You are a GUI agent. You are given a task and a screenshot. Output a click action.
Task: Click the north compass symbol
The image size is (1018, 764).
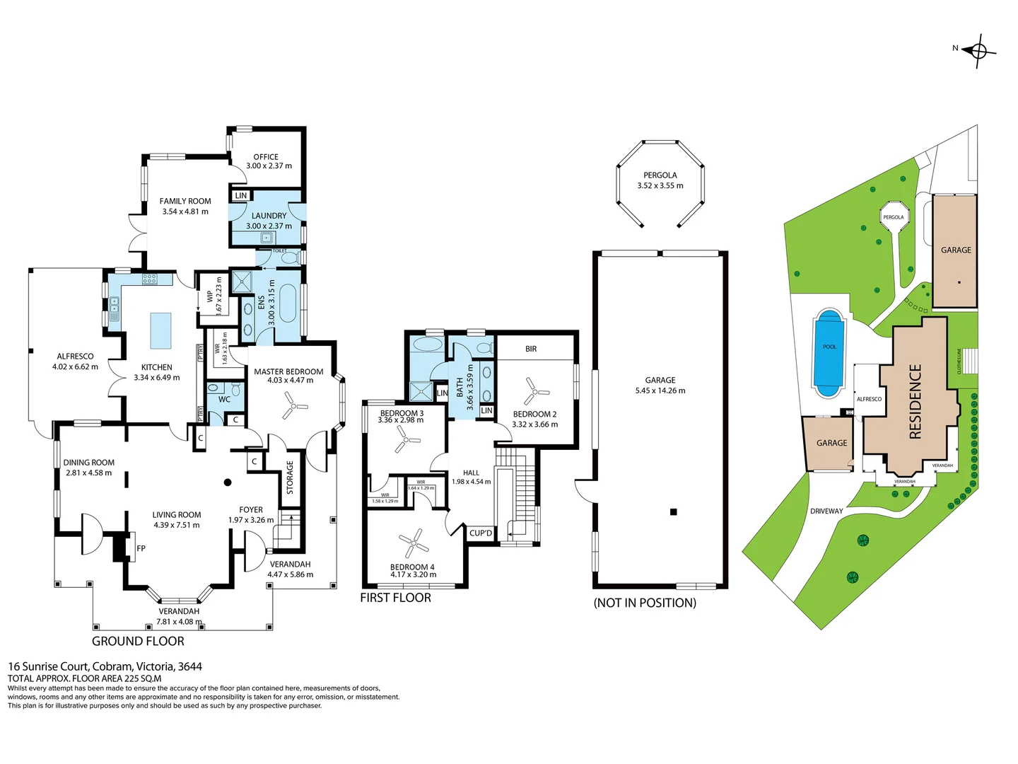pos(978,51)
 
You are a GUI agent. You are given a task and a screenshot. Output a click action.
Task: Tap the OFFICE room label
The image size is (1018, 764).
pos(266,157)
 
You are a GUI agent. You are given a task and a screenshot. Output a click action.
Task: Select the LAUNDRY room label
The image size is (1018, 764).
pos(269,216)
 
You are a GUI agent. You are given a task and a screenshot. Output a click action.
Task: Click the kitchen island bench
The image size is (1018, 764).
pos(161,330)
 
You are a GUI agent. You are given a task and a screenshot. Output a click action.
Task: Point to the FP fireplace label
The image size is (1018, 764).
pos(141,548)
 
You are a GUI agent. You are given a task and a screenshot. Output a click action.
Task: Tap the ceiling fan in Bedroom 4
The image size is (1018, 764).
pos(414,543)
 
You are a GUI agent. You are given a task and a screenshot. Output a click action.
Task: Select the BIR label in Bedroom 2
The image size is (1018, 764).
pos(531,349)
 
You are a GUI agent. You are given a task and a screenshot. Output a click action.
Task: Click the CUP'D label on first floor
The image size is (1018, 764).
pos(481,533)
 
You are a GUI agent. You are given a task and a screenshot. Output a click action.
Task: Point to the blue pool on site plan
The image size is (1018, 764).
pos(829,352)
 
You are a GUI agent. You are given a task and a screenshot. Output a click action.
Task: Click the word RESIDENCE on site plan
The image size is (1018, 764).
pos(915,401)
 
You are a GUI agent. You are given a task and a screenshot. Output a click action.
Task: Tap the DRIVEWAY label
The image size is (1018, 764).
pos(826,511)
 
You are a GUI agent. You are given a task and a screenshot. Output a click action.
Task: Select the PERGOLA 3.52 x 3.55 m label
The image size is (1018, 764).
pos(660,180)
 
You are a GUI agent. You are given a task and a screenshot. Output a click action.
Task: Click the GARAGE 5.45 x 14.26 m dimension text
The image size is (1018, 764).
pos(660,390)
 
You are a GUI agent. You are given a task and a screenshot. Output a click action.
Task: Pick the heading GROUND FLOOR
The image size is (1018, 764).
pos(138,641)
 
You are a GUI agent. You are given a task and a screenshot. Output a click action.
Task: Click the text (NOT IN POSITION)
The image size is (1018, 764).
pos(645,603)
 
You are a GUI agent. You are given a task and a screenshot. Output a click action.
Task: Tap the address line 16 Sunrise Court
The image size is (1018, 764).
pos(105,666)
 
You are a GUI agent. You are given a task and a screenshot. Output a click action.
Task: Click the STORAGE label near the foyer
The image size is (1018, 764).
pos(290,477)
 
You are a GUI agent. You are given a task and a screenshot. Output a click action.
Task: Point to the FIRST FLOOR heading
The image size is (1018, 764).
pos(395,598)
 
